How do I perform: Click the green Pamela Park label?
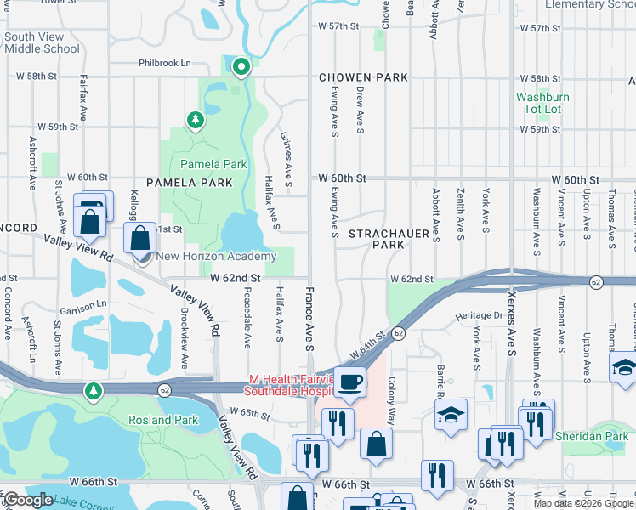[x=213, y=164]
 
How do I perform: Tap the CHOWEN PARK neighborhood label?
[x=363, y=77]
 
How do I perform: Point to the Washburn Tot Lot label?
[x=542, y=103]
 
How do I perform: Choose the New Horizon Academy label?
[x=217, y=257]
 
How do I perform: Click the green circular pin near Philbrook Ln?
[x=241, y=65]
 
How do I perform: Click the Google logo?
[x=27, y=500]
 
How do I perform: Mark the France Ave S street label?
[x=309, y=318]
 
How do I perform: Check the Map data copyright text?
[x=583, y=503]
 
